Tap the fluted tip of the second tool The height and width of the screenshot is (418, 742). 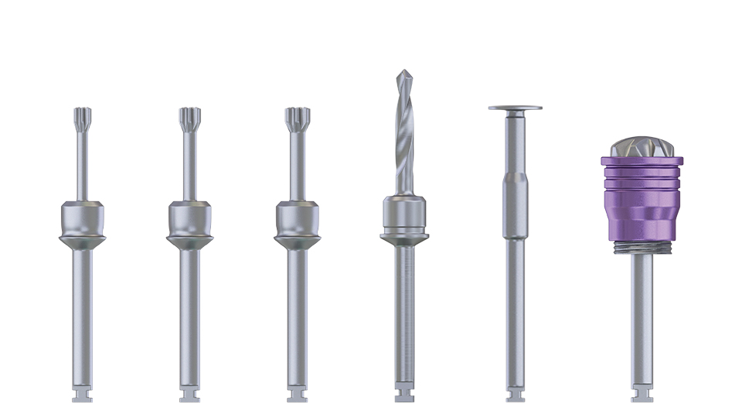(189, 119)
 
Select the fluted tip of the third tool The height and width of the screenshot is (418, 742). (296, 119)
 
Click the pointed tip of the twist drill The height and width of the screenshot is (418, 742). (403, 75)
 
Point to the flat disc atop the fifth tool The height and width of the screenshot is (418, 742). (515, 108)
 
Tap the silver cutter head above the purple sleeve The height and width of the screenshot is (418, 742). (641, 147)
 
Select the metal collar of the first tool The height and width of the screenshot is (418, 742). (82, 221)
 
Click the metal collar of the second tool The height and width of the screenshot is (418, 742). (189, 221)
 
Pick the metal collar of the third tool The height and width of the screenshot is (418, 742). (296, 221)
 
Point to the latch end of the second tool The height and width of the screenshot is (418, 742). (189, 395)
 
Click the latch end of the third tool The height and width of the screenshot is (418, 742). (296, 395)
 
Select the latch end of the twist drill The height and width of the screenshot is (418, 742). (404, 395)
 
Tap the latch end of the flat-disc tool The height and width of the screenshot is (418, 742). (515, 395)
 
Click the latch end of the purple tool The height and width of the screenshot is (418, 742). (642, 395)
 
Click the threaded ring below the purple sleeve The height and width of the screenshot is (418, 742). (642, 248)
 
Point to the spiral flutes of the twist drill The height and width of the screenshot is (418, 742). (404, 139)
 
